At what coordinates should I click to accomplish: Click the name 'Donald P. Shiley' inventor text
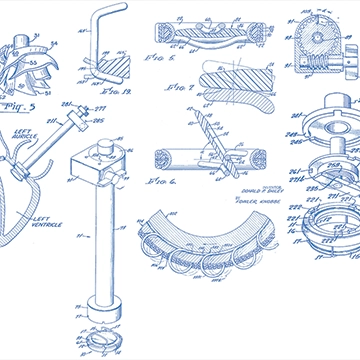pyautogui.click(x=259, y=189)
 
